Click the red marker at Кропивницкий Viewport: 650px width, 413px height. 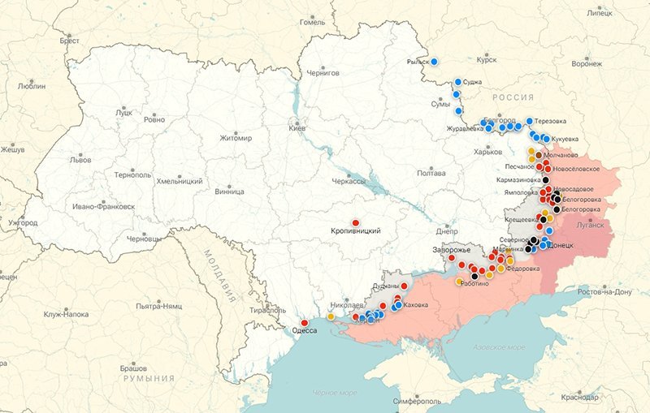click(355, 222)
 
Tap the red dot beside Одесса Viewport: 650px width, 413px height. click(305, 323)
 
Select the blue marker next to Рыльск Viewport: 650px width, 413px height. click(434, 61)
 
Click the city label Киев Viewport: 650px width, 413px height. click(298, 128)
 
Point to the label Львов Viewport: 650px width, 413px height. click(80, 160)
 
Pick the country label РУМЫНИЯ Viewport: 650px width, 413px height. click(149, 379)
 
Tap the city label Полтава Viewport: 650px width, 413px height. click(430, 173)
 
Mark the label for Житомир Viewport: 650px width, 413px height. click(236, 138)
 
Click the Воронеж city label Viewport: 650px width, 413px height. click(586, 63)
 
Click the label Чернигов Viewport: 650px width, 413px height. click(323, 72)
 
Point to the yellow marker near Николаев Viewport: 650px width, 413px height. click(331, 316)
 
